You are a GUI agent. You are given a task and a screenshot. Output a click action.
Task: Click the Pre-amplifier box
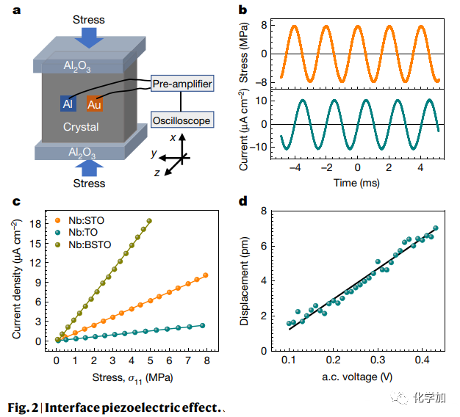pos(182,84)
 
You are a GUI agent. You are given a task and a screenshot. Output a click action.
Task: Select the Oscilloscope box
pos(182,120)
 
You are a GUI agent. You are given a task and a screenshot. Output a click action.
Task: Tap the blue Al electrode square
pos(68,104)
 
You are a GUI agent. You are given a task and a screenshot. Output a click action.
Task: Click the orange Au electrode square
pos(94,104)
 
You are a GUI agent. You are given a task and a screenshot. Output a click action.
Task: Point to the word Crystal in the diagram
pos(81,127)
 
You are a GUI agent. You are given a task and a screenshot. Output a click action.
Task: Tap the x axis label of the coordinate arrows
pos(173,137)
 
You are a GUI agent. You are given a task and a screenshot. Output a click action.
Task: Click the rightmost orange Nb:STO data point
pos(206,275)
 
